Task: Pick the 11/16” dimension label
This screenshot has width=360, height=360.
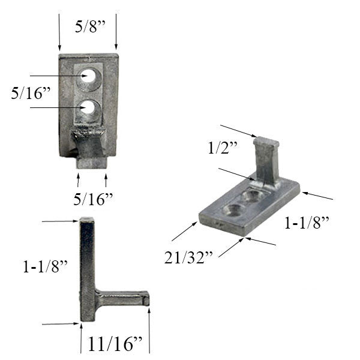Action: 115,344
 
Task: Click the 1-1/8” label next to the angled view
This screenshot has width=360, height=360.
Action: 307,224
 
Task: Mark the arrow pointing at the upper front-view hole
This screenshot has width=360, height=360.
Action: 57,76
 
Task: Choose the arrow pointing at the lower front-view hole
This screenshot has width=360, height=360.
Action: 57,108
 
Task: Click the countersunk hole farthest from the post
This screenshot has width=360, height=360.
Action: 232,209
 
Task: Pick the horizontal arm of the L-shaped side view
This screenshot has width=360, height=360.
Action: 123,296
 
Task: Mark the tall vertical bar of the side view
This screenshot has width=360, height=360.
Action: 88,270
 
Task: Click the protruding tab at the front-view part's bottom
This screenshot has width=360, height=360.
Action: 91,161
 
